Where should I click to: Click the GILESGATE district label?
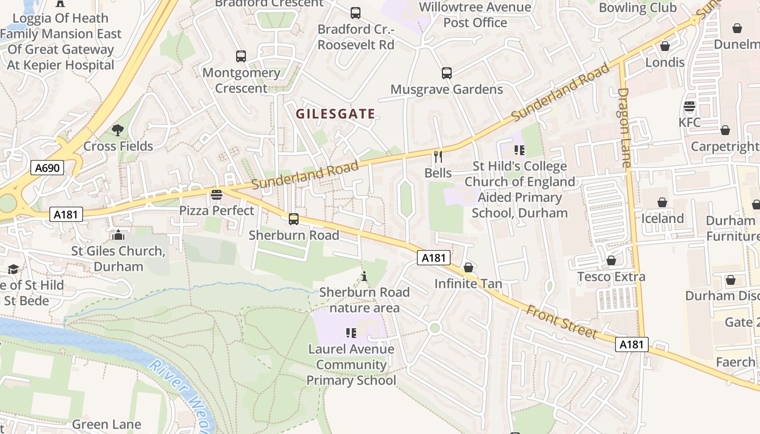[335, 114]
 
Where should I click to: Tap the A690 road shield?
[47, 168]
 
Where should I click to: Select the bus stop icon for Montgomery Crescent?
[241, 56]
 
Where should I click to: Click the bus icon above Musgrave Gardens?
[447, 73]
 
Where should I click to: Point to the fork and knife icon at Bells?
[438, 157]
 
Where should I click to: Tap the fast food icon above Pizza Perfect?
[217, 194]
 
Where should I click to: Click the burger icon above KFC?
[689, 106]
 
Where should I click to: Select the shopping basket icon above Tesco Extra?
[611, 261]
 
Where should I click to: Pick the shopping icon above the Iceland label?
[662, 203]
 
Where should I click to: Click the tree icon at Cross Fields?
[118, 130]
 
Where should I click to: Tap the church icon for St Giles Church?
[118, 235]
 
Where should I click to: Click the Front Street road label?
[561, 322]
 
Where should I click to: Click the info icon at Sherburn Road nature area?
[364, 277]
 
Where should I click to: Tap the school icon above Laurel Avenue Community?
[351, 333]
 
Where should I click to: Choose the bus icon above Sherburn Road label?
[294, 219]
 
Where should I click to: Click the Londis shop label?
[664, 62]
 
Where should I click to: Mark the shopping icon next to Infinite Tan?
[468, 268]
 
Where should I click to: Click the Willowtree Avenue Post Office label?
[475, 15]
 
